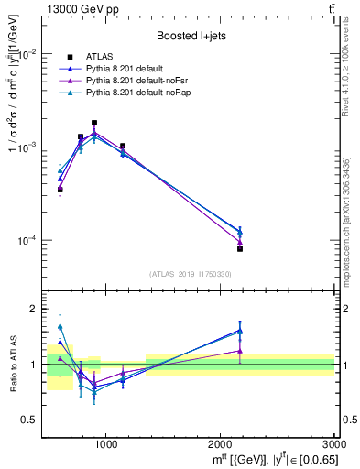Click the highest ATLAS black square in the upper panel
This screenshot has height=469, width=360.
(94, 123)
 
